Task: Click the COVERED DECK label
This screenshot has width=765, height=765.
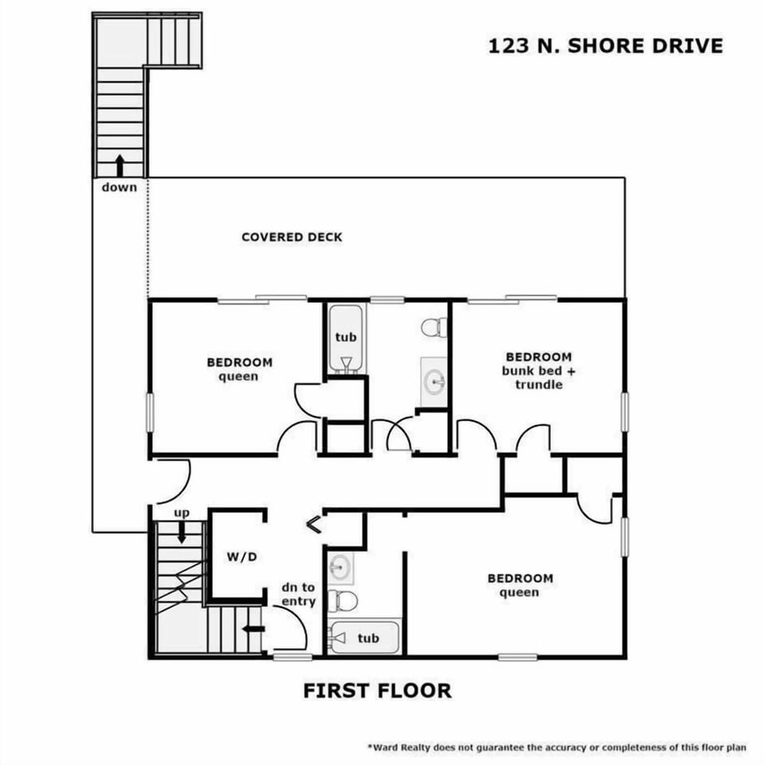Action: [x=292, y=237]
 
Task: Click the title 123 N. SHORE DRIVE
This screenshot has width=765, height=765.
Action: [x=606, y=45]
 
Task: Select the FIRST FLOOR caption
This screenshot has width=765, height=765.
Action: [x=377, y=690]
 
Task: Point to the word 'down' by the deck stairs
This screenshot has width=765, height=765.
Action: [x=120, y=187]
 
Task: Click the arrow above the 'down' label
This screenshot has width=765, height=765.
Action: [x=120, y=165]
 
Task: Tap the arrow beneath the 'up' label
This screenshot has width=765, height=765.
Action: [x=182, y=532]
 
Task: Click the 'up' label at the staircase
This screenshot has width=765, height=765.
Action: [x=182, y=513]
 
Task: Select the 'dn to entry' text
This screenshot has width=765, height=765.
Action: [x=298, y=594]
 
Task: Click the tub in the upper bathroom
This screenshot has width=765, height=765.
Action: [x=345, y=339]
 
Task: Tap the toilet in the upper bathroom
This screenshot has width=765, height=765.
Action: [x=434, y=327]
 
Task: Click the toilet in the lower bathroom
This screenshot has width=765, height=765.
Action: [x=343, y=599]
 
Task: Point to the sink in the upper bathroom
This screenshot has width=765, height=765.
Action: [x=434, y=379]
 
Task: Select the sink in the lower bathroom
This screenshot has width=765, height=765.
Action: [x=340, y=567]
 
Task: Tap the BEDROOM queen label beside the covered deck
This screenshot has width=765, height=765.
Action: [x=239, y=369]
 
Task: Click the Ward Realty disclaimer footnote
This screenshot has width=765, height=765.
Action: [x=556, y=747]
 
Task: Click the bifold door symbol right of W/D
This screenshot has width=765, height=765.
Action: [x=314, y=524]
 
